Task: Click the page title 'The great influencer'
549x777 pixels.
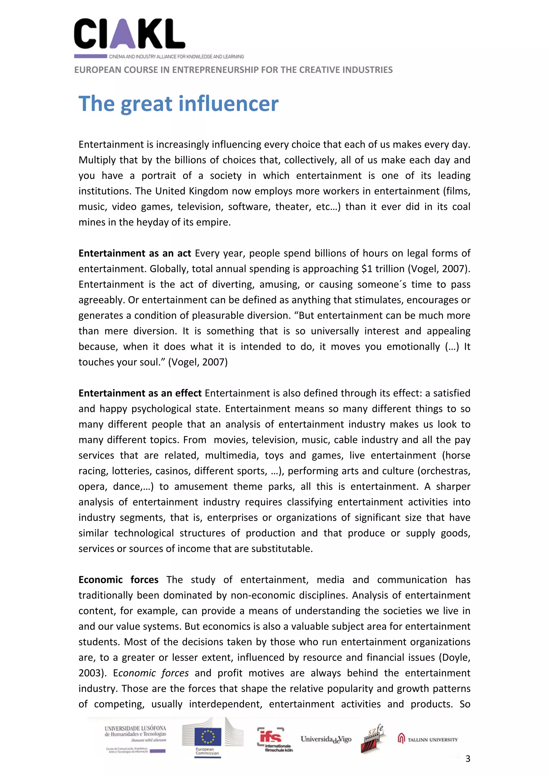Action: [x=178, y=104]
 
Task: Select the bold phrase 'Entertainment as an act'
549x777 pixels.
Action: [x=135, y=253]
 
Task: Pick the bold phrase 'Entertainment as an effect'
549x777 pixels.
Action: [x=140, y=393]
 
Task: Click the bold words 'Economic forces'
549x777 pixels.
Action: [x=118, y=579]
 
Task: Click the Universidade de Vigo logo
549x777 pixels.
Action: [x=326, y=739]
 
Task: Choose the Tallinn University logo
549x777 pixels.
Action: [x=428, y=739]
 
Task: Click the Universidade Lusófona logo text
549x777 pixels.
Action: [x=135, y=731]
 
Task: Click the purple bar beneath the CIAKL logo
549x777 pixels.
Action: [x=90, y=56]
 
